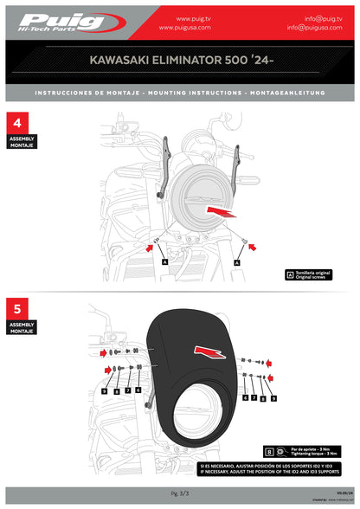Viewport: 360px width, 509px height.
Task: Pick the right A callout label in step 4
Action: click(236, 259)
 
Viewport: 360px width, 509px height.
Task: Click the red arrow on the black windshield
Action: click(210, 349)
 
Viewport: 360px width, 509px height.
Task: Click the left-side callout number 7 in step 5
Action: click(127, 391)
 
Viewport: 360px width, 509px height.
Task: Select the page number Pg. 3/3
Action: click(180, 492)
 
